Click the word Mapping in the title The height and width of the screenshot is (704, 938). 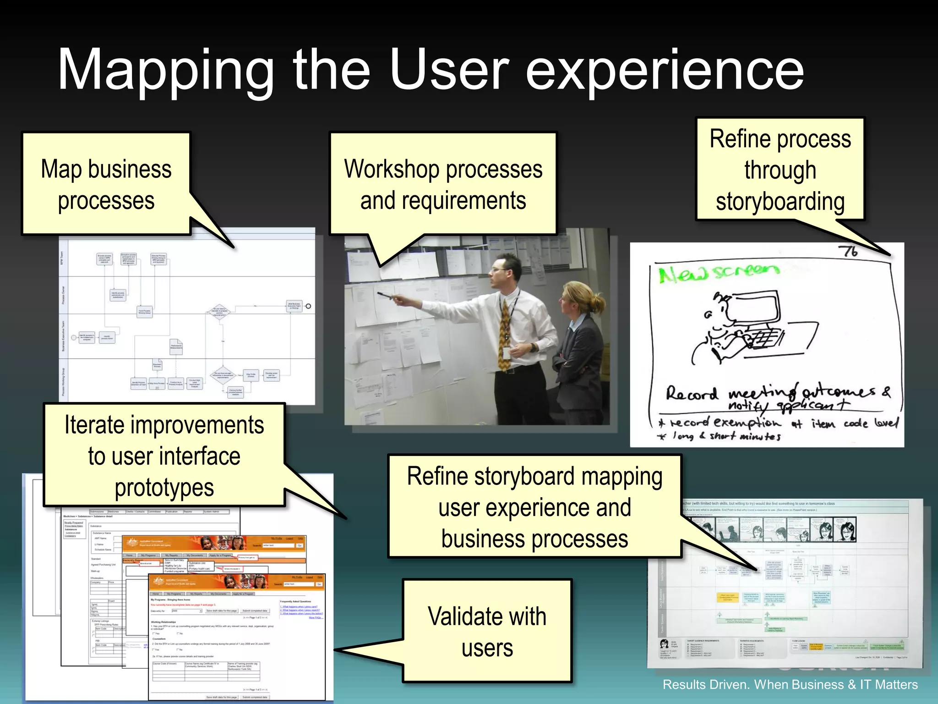pyautogui.click(x=165, y=71)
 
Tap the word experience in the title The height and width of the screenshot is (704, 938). pyautogui.click(x=664, y=71)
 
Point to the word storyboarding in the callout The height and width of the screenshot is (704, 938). pyautogui.click(x=780, y=202)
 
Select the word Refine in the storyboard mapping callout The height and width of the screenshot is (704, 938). pyautogui.click(x=437, y=476)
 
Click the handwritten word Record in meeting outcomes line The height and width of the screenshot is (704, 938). pyautogui.click(x=692, y=394)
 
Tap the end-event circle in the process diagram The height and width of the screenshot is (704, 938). pyautogui.click(x=308, y=306)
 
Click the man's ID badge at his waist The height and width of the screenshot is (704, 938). pyautogui.click(x=506, y=353)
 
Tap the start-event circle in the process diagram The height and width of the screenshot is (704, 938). pyautogui.click(x=74, y=337)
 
